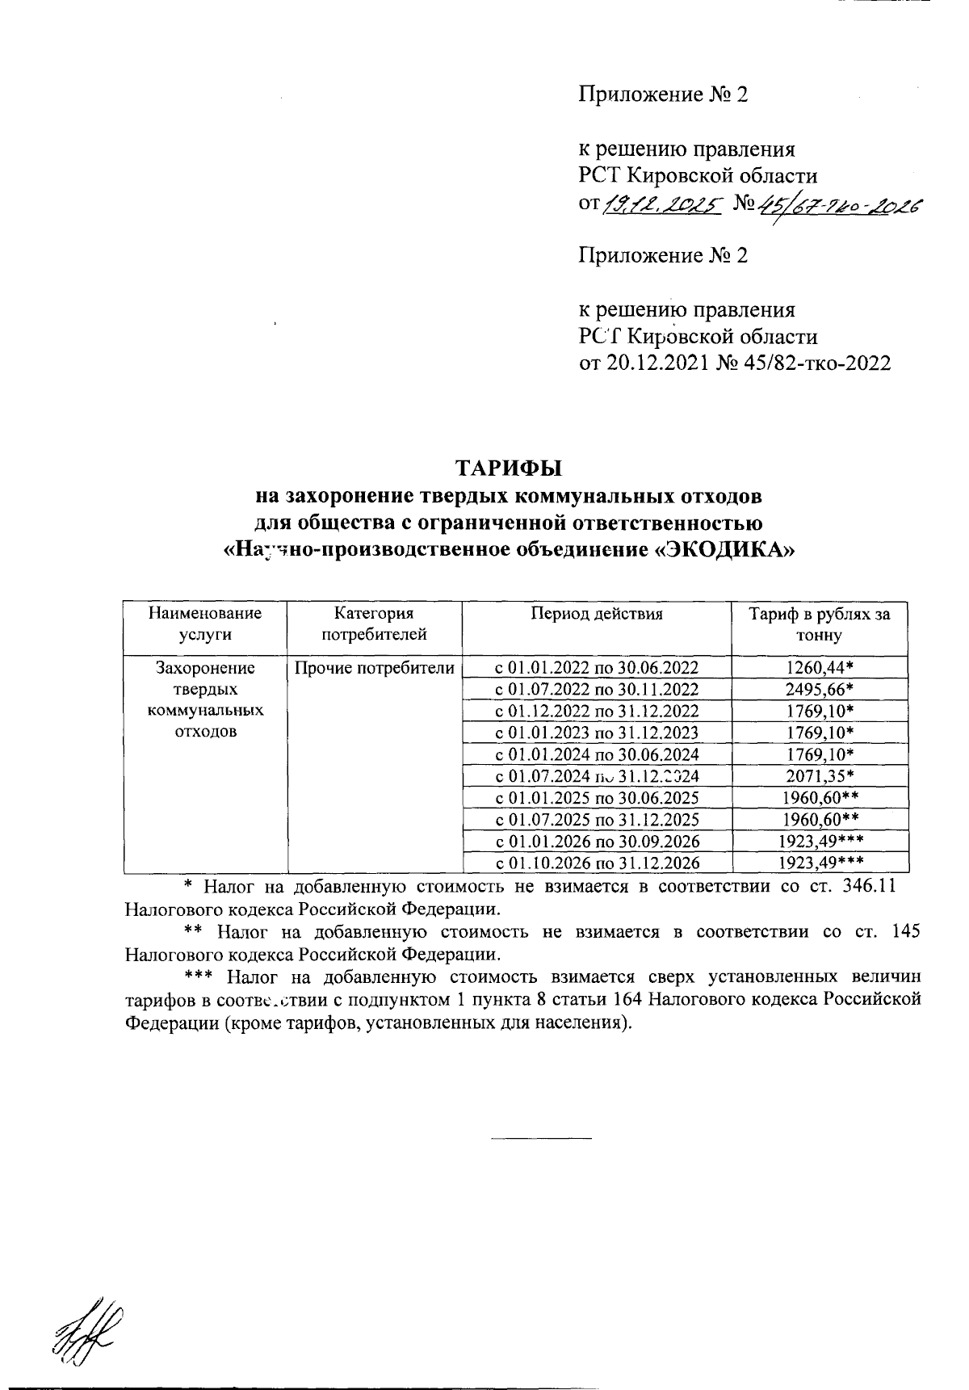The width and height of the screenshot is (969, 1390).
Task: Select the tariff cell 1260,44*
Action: [820, 667]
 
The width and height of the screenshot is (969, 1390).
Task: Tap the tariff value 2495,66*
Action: [820, 689]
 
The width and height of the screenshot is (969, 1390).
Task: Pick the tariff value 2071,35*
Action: [820, 776]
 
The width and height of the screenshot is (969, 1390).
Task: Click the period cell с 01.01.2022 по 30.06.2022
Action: [596, 667]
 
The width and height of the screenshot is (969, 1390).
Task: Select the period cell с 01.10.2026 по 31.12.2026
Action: [596, 863]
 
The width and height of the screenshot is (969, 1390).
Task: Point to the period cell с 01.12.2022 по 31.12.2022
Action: [596, 711]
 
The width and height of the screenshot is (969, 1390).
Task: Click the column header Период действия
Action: [596, 614]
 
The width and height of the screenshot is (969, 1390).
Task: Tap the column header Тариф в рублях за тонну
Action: [820, 624]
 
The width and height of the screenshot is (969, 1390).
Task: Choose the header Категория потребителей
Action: [374, 624]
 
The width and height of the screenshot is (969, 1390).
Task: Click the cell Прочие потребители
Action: [374, 667]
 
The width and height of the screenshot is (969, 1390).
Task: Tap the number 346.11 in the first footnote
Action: [870, 886]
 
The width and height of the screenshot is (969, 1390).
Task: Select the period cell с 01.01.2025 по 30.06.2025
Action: [596, 798]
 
